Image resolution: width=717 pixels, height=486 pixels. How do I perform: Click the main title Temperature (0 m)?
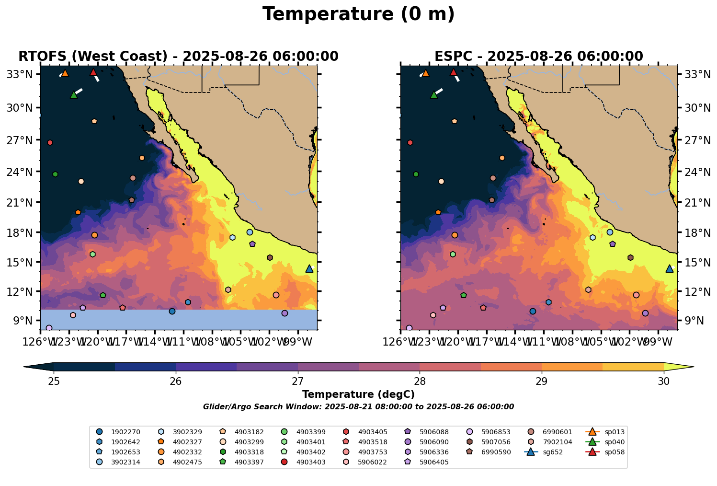(x=358, y=14)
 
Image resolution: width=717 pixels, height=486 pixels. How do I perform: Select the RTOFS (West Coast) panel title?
(x=178, y=57)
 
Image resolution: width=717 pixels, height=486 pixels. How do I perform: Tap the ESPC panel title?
(x=538, y=57)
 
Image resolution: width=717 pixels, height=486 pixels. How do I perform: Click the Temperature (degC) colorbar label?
(x=358, y=394)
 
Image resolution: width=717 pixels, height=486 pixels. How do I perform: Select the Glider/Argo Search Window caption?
(x=358, y=407)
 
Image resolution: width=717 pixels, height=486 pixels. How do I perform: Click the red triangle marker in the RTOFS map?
(x=93, y=72)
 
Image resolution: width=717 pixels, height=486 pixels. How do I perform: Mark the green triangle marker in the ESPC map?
(x=434, y=95)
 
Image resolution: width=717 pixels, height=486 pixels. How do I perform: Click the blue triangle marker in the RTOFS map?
(x=309, y=269)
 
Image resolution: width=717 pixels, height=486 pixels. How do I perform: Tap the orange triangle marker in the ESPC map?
(x=425, y=73)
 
